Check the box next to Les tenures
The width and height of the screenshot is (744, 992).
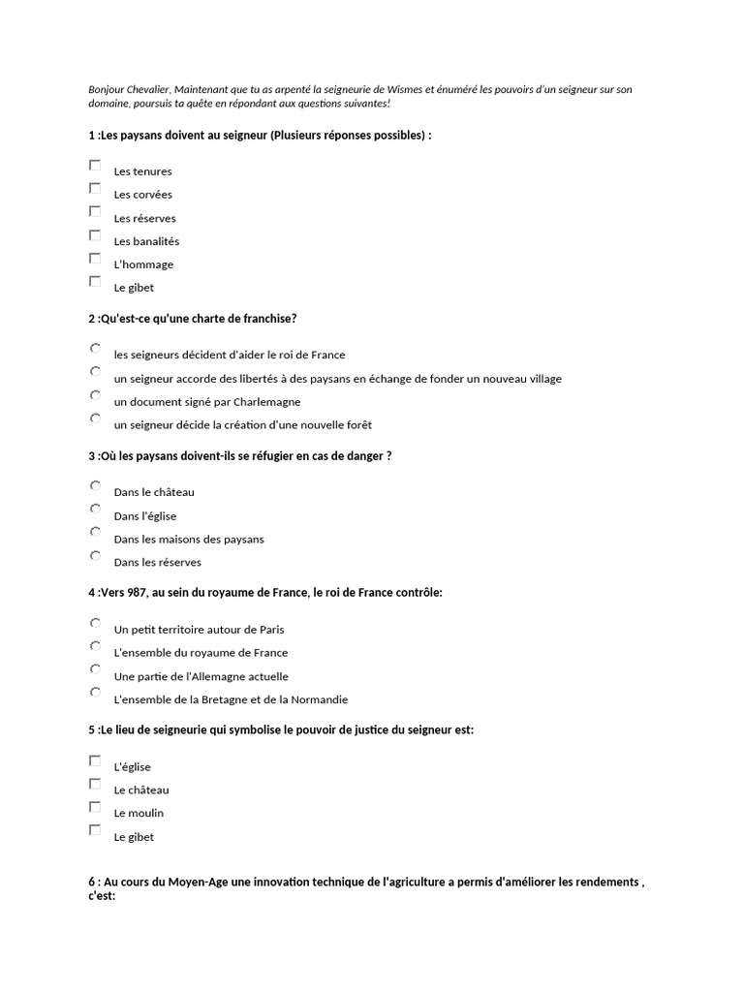[95, 166]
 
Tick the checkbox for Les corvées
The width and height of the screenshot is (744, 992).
[95, 189]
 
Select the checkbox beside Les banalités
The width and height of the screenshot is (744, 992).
[95, 235]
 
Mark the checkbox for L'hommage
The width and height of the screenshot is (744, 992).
[95, 259]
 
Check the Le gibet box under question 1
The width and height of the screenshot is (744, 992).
[95, 282]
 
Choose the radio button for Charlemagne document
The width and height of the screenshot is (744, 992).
[95, 395]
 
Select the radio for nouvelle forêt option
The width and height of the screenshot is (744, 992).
[95, 418]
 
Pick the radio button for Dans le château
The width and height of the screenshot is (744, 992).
[95, 485]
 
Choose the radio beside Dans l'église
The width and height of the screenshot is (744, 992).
[95, 509]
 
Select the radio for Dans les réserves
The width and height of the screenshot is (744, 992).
[95, 556]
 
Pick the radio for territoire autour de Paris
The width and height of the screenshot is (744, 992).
[95, 623]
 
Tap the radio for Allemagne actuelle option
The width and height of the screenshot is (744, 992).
[95, 669]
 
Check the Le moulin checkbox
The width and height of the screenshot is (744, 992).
[95, 807]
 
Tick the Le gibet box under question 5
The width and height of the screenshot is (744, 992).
[95, 830]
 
